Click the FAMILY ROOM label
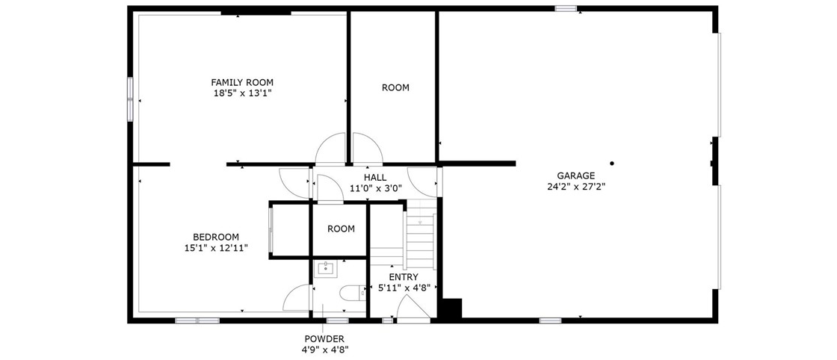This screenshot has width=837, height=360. tap(242, 82)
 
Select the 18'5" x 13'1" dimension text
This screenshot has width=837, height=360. tap(242, 93)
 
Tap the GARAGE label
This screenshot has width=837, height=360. tap(575, 176)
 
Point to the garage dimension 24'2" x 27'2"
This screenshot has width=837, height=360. tap(575, 186)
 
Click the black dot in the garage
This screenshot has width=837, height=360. tap(612, 164)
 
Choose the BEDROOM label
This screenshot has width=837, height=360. tap(216, 237)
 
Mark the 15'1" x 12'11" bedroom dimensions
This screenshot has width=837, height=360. tap(216, 247)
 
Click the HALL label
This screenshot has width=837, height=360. tap(375, 177)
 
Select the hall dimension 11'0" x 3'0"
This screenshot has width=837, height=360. tap(375, 187)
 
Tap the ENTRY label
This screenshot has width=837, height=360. tap(404, 277)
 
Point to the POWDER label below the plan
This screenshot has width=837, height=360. tap(324, 338)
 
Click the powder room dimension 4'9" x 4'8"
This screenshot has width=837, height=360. tap(324, 350)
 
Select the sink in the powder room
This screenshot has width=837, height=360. tap(325, 268)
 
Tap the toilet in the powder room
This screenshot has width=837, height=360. tap(353, 293)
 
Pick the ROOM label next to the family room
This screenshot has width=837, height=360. tap(395, 87)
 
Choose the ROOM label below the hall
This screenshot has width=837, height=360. tap(341, 229)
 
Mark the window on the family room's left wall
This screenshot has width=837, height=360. tap(130, 99)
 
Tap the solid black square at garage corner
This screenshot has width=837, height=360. tap(451, 308)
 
